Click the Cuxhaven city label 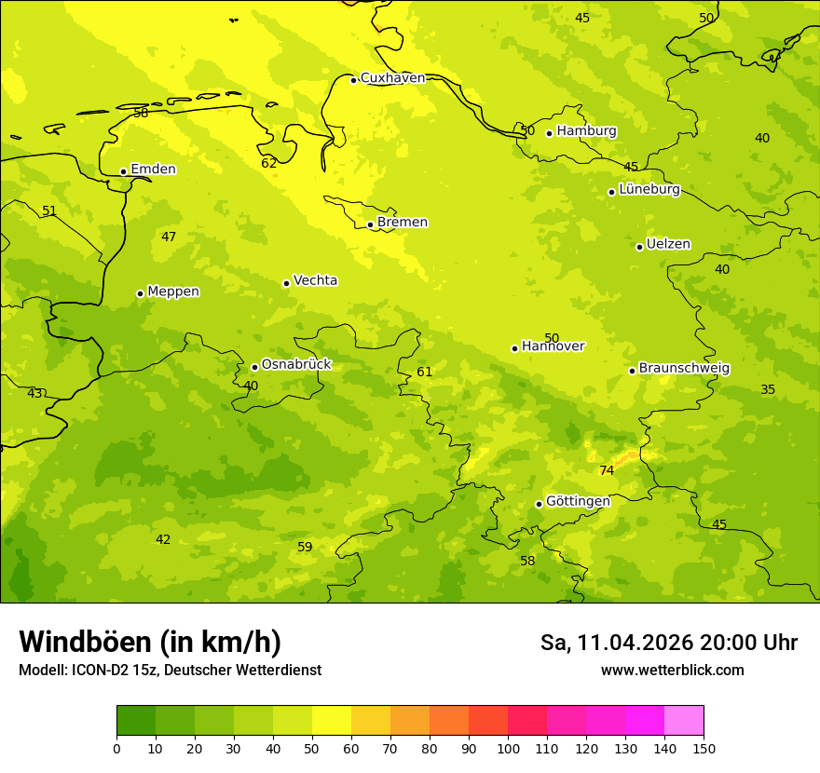pos(392,78)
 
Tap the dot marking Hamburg pos(550,133)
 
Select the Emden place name pos(153,170)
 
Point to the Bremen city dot pos(370,224)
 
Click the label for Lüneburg pos(649,190)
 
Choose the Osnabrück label pos(296,365)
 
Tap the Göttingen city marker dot pos(539,504)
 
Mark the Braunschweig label pos(684,369)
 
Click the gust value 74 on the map pos(607,471)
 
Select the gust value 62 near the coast pos(269,164)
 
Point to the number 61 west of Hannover pos(425,373)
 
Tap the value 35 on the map pos(768,390)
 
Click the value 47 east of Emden pos(169,237)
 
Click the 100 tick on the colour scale pos(508,748)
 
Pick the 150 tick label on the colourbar pos(704,748)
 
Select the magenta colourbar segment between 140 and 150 pos(684,721)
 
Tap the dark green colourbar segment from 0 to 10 pos(136,721)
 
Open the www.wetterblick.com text pos(673,671)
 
